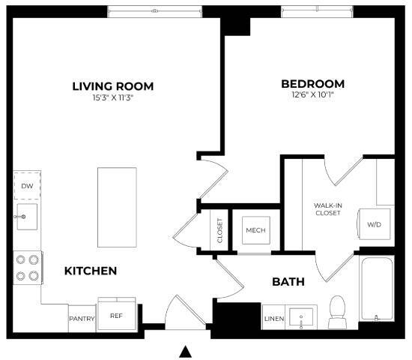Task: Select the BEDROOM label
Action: point(312,83)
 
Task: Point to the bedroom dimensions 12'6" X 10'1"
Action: point(312,94)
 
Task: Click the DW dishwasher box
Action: point(27,185)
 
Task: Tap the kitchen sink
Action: point(26,217)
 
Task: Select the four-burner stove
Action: point(26,267)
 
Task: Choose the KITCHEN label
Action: point(90,270)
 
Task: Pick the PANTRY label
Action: point(82,318)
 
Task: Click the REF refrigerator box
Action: point(116,316)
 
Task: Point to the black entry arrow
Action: point(186,351)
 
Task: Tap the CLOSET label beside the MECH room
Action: point(219,230)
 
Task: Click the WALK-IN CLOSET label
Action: point(327,208)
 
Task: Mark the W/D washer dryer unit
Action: point(373,224)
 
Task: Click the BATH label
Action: point(288,282)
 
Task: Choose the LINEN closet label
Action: point(273,319)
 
